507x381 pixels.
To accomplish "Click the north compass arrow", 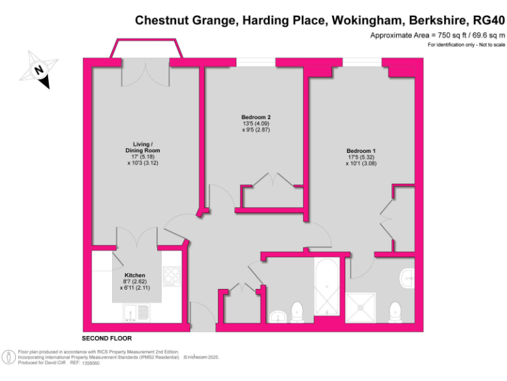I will [40, 69].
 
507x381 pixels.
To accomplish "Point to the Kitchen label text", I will [135, 275].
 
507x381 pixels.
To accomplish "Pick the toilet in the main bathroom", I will [297, 311].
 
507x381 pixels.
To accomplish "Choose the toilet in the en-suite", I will [395, 311].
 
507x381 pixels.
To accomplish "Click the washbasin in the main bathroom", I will [279, 315].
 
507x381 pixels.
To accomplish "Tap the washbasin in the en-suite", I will [407, 278].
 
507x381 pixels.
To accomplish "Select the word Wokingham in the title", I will [363, 20].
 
